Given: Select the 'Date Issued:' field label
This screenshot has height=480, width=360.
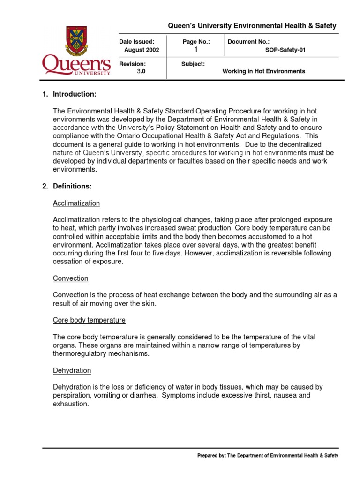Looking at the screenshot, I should pyautogui.click(x=136, y=42).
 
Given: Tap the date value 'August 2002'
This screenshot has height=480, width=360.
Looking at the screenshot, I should pyautogui.click(x=142, y=50).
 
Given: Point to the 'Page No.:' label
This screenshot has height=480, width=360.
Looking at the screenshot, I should pyautogui.click(x=196, y=42).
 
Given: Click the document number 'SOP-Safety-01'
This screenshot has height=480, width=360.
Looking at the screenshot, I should pyautogui.click(x=285, y=50).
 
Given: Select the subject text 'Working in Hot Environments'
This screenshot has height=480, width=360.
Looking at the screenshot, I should pyautogui.click(x=263, y=71).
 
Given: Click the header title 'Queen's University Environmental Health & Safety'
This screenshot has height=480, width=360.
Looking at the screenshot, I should pyautogui.click(x=253, y=26).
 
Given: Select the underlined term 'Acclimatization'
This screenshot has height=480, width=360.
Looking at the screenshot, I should pyautogui.click(x=76, y=203).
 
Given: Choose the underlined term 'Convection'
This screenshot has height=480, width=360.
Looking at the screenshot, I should pyautogui.click(x=70, y=278).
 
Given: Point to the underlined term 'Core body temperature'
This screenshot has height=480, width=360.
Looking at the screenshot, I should pyautogui.click(x=89, y=320).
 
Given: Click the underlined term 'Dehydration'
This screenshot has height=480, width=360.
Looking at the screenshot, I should pyautogui.click(x=72, y=370).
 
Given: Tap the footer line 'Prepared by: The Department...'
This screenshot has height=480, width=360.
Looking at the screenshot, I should pyautogui.click(x=268, y=455).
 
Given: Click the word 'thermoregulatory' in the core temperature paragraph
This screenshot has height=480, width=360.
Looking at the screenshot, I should pyautogui.click(x=78, y=353).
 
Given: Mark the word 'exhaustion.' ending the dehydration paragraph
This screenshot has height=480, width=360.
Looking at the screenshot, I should pyautogui.click(x=71, y=404).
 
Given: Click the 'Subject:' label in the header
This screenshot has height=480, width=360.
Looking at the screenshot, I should pyautogui.click(x=193, y=64).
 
